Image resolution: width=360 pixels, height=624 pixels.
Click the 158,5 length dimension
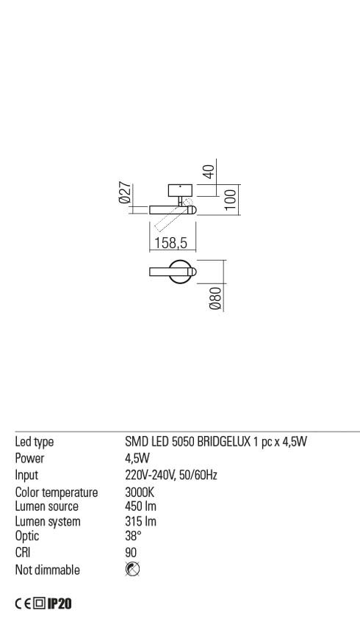171,242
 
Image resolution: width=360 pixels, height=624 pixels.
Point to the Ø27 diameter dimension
125,193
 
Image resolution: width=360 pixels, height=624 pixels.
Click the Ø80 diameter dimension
215,299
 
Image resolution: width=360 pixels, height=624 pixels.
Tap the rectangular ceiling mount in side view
181,190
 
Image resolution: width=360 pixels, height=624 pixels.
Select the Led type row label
35,442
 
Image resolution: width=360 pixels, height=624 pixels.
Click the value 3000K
140,493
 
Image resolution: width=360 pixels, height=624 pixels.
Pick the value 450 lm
140,507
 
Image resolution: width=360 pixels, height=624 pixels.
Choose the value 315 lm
140,521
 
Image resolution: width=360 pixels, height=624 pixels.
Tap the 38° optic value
133,536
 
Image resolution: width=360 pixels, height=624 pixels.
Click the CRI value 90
131,552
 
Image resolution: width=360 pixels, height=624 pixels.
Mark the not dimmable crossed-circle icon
132,569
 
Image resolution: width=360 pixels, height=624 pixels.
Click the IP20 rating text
60,603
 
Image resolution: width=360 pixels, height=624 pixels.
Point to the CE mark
23,604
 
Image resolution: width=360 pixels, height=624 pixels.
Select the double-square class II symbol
39,604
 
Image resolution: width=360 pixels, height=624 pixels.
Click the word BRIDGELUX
224,441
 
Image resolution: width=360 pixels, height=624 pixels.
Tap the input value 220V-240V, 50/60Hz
171,475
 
